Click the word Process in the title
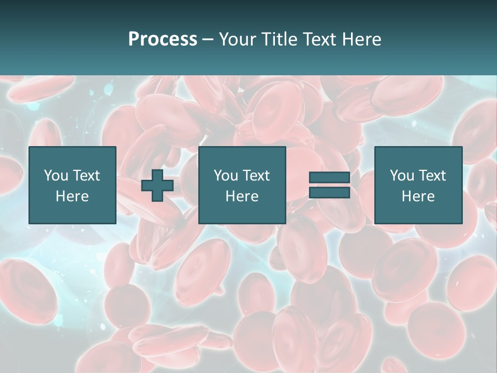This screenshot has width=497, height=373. (x=163, y=39)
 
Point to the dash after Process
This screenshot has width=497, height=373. (x=208, y=40)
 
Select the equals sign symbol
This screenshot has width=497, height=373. (x=329, y=185)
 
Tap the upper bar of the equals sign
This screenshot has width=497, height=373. (x=329, y=178)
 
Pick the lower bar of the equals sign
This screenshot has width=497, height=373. (x=329, y=192)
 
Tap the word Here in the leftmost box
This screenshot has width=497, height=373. (x=72, y=196)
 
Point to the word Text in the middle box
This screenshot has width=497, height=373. (x=256, y=176)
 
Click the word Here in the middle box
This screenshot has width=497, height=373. (x=242, y=196)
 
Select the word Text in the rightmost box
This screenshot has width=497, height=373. (x=432, y=176)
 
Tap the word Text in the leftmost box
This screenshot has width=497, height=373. (x=86, y=176)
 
